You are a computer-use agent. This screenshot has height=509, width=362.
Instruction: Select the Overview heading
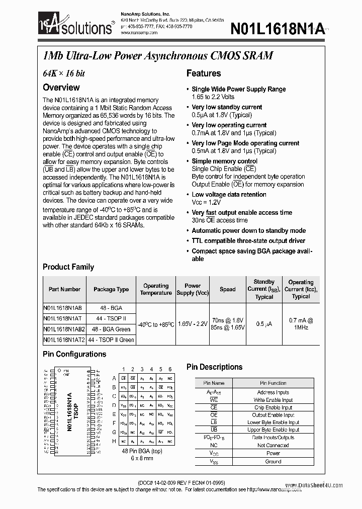[x=61, y=87]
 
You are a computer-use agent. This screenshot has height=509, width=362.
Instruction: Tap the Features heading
[x=203, y=73]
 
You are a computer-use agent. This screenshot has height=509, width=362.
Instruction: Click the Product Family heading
[x=68, y=267]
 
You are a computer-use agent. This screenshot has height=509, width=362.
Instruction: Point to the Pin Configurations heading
[x=74, y=354]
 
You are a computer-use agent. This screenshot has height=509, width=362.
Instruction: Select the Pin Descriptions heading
[x=214, y=367]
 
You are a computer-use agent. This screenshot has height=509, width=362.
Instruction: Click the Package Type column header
[x=111, y=290]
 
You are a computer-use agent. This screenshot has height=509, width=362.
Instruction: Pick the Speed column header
[x=227, y=290]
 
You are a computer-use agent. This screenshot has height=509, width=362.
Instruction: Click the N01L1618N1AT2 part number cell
[x=64, y=340]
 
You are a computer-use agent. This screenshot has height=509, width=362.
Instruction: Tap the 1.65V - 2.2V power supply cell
[x=193, y=324]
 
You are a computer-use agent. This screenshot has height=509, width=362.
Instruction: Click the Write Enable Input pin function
[x=273, y=400]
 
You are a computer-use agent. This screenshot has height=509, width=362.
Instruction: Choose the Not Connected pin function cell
[x=273, y=445]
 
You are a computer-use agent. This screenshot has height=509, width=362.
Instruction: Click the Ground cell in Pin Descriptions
[x=273, y=461]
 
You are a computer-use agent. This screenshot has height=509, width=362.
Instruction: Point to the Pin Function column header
[x=273, y=383]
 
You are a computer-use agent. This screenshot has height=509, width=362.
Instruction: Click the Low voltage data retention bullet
[x=229, y=195]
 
